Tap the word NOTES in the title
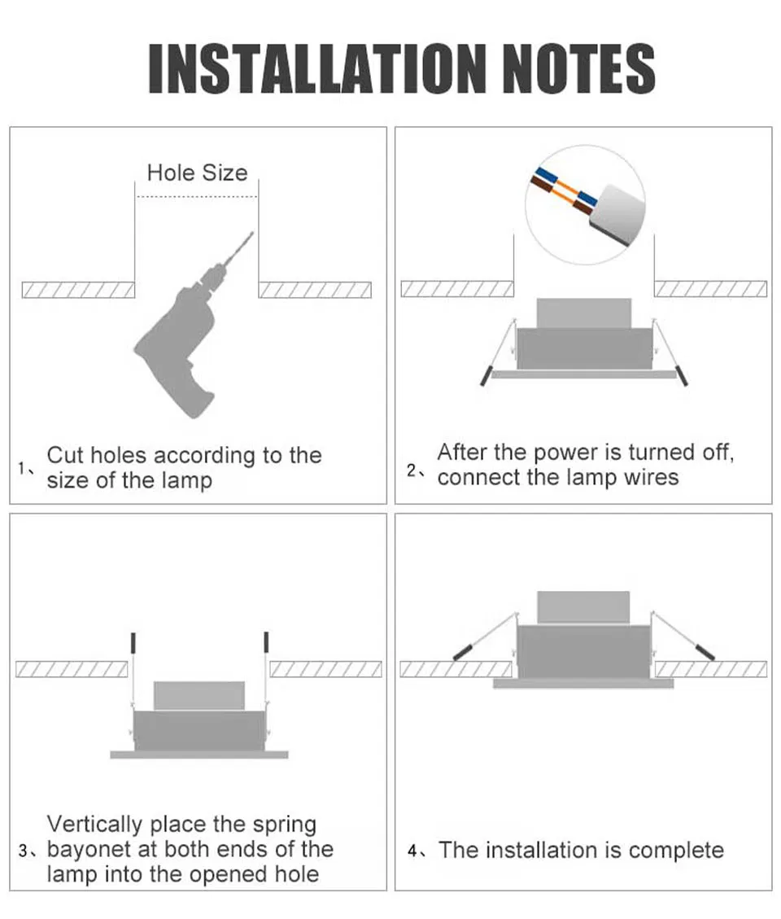(x=578, y=68)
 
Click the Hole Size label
(x=197, y=173)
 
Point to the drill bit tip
(x=252, y=234)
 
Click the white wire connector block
(x=616, y=215)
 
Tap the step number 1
(x=22, y=468)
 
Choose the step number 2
(x=412, y=470)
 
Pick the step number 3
(x=23, y=851)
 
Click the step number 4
(x=412, y=851)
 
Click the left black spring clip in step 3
(x=133, y=642)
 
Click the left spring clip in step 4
(x=462, y=652)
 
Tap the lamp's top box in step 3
(x=199, y=696)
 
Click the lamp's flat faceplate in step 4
(x=583, y=684)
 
